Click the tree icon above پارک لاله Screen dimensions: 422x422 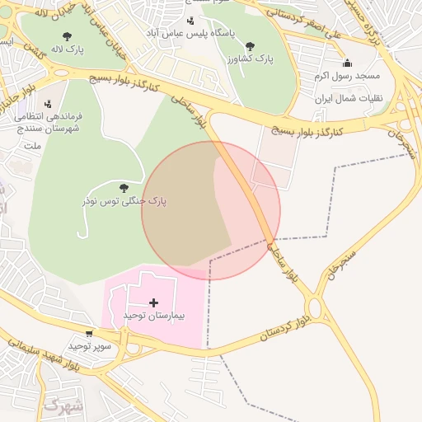pos(67,36)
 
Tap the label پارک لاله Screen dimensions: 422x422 pos(67,50)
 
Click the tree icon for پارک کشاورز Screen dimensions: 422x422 pos(250,46)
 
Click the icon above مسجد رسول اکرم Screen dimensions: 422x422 pos(347,63)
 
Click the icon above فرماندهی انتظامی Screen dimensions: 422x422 pos(48,104)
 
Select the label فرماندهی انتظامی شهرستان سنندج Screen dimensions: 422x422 pos(45,124)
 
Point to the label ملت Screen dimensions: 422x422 pos(33,146)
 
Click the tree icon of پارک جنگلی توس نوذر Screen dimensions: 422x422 pos(124,188)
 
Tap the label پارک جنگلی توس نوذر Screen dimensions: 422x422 pos(124,201)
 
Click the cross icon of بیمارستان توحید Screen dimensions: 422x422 pos(154,302)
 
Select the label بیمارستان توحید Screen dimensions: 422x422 pos(154,316)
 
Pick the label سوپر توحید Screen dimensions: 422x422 pos(90,346)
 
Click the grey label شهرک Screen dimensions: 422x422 pos(62,406)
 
